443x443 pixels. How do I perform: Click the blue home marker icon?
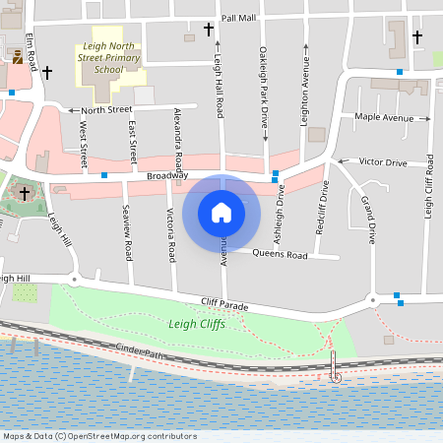[x=221, y=213]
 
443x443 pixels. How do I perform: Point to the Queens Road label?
[x=280, y=255]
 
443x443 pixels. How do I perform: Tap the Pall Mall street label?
[x=238, y=18]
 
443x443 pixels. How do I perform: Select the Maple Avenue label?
[x=384, y=118]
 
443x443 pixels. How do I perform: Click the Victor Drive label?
[x=383, y=161]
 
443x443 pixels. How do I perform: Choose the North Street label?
[x=106, y=110]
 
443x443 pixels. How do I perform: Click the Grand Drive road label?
[x=368, y=219]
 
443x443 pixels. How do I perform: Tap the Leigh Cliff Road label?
[x=428, y=187]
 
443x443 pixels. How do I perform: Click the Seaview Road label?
[x=127, y=232]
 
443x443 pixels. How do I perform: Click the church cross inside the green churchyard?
[x=25, y=194]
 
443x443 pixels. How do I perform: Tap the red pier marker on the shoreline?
[x=336, y=375]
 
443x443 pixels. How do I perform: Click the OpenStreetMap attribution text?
[x=98, y=436]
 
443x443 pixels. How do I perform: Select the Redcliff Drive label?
[x=322, y=204]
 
